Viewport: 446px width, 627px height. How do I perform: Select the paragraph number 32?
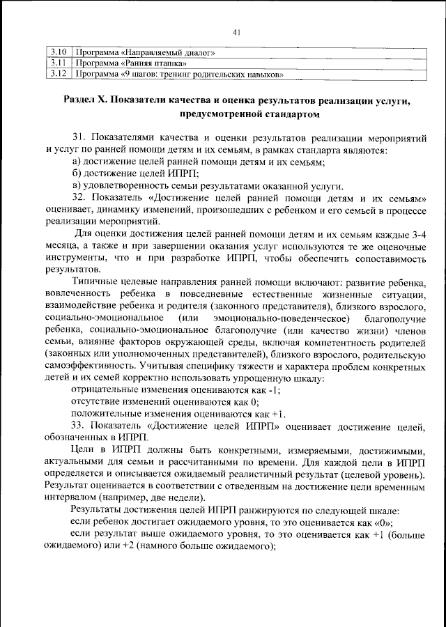point(79,198)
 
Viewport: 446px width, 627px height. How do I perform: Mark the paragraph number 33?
point(79,424)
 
